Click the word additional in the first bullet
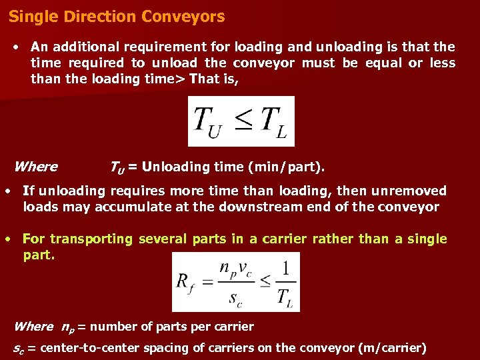[x=86, y=47]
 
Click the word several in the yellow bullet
[x=163, y=239]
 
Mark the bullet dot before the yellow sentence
[x=7, y=239]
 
